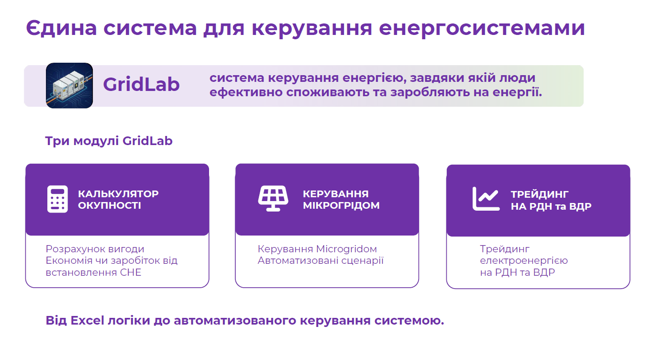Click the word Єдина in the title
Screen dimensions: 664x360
[61, 28]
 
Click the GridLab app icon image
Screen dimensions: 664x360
[69, 85]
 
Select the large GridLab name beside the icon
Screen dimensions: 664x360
[142, 84]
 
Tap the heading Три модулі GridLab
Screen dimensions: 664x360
[109, 141]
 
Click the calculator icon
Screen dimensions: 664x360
[57, 199]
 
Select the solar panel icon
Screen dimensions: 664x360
[273, 198]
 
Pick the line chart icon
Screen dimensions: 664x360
[486, 199]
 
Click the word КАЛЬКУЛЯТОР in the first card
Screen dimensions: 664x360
[118, 194]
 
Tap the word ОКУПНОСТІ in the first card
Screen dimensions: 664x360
[110, 205]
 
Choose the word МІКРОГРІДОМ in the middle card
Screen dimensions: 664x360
[341, 205]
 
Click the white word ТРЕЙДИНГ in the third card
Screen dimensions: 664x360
[540, 194]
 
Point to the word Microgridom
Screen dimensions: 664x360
[346, 249]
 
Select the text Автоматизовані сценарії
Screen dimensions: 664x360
[321, 260]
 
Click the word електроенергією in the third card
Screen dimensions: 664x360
[524, 260]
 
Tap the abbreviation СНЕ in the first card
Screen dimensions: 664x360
[131, 272]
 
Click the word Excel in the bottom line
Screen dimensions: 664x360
[87, 321]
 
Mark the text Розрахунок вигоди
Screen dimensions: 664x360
[95, 249]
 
